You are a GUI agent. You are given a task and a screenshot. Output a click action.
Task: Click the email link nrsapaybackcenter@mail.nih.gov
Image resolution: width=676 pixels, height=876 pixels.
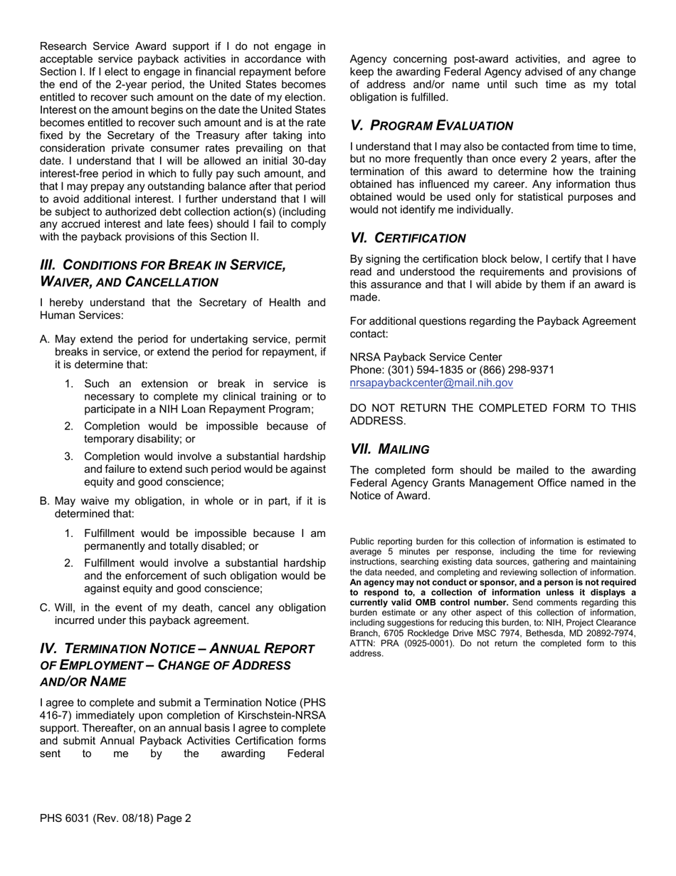(431, 382)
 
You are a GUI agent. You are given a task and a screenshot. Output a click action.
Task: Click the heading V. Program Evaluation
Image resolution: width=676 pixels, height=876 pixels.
(431, 125)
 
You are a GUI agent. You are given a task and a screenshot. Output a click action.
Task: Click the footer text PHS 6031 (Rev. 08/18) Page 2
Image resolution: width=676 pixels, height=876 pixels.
(115, 818)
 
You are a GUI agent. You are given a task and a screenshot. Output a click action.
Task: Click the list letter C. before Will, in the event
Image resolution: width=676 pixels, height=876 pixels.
(45, 608)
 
